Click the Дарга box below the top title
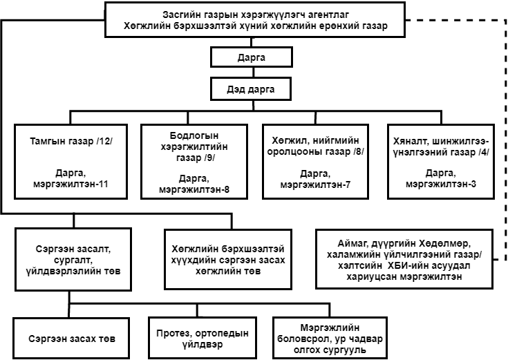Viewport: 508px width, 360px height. point(252,57)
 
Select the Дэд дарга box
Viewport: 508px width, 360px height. point(251,88)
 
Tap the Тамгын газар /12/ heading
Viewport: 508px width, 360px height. point(71,142)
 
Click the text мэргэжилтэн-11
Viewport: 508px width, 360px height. point(70,184)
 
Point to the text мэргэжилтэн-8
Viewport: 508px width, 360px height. point(194,189)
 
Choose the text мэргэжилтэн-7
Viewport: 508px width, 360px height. point(315,184)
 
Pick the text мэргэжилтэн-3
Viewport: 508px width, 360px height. point(441,184)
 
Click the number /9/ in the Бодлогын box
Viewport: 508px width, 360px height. point(209,158)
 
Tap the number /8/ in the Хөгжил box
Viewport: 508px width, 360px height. point(359,152)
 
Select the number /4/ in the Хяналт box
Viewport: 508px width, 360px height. point(484,152)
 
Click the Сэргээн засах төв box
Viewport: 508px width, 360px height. point(71,339)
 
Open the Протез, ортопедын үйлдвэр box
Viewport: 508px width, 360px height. point(203,337)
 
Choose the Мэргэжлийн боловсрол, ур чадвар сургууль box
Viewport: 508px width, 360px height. point(330,338)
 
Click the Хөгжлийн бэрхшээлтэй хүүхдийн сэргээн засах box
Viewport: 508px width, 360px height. point(228,259)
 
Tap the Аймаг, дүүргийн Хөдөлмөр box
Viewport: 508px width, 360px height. point(404,259)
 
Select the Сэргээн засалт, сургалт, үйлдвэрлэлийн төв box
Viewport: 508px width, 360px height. point(73,259)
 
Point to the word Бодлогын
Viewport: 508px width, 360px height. point(194,135)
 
